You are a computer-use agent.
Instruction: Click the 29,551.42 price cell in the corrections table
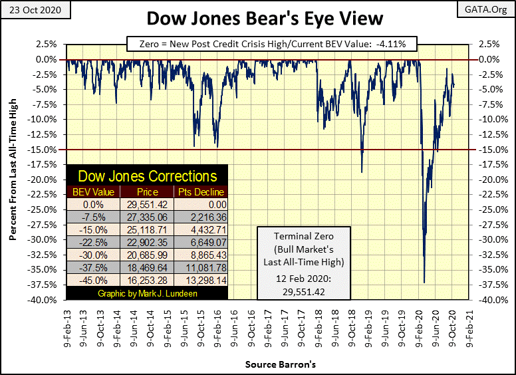tap(148, 204)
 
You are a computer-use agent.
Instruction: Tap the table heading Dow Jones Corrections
tap(148, 176)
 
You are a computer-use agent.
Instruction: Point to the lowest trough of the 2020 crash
tap(424, 283)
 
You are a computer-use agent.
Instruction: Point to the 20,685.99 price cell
tap(148, 255)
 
